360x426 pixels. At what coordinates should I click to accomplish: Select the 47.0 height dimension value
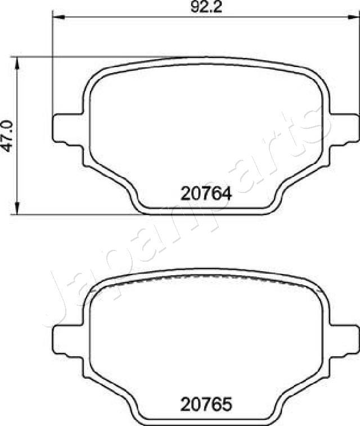click(x=7, y=135)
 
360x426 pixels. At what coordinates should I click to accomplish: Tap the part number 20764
click(x=206, y=194)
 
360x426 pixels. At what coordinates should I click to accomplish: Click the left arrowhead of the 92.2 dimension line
click(x=56, y=16)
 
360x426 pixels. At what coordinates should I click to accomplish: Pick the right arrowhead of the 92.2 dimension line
click(x=355, y=16)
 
